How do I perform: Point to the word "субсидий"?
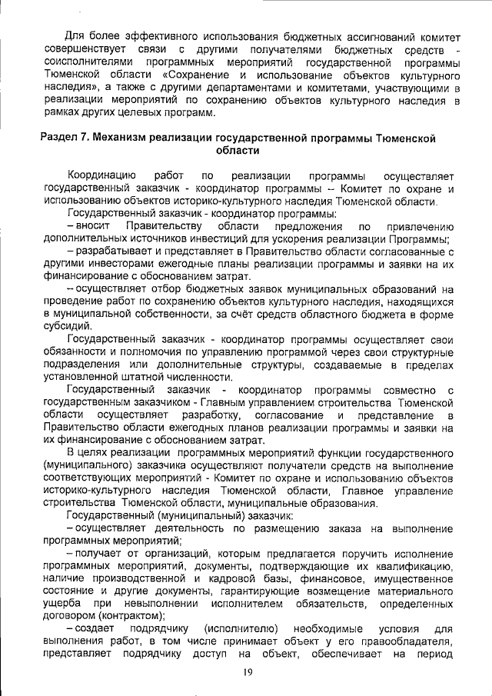coord(67,325)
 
